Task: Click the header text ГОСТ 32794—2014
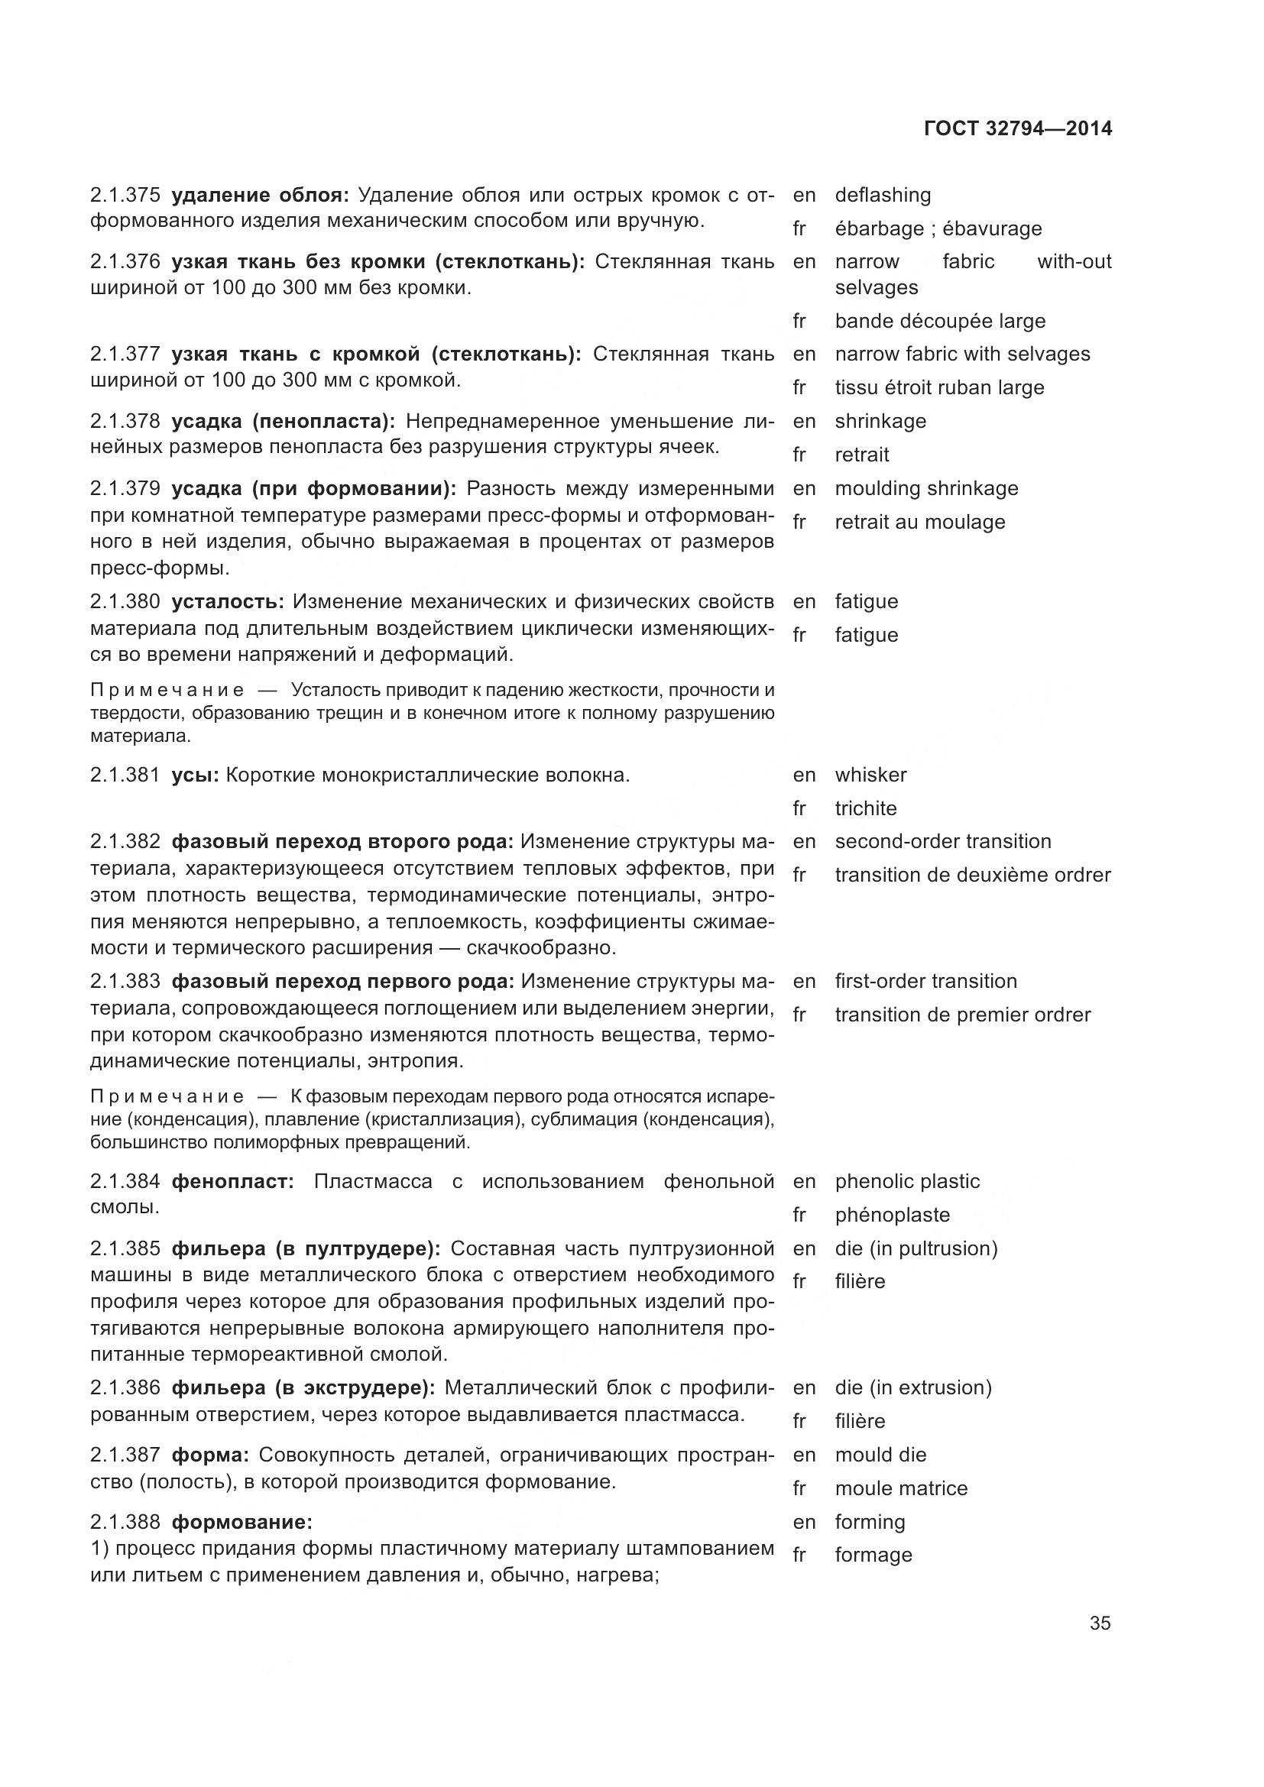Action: [x=1017, y=128]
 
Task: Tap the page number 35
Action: [x=1100, y=1624]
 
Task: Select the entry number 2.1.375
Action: [x=125, y=196]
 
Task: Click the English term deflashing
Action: [x=883, y=196]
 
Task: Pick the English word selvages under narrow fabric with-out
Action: [x=877, y=288]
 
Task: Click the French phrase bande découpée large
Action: [x=939, y=322]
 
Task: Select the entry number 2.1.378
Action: [x=125, y=422]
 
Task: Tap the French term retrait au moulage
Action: [x=919, y=523]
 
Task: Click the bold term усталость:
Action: [x=227, y=601]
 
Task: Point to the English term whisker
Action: [x=870, y=775]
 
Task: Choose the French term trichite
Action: [x=866, y=808]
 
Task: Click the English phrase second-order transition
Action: [x=942, y=841]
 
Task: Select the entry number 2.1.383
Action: [x=125, y=982]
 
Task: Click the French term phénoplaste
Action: [x=892, y=1215]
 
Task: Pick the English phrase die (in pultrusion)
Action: [x=916, y=1248]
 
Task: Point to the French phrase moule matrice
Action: [x=900, y=1489]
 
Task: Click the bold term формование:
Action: [x=241, y=1522]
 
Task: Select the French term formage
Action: [x=873, y=1555]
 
